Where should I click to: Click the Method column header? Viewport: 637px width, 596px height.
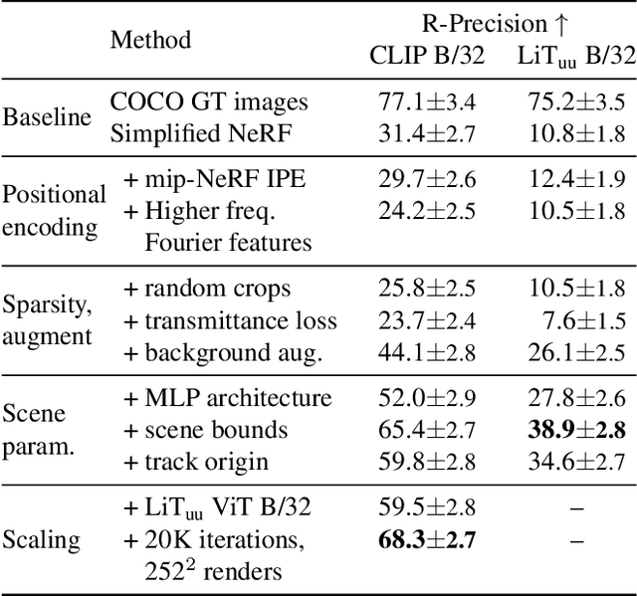click(150, 41)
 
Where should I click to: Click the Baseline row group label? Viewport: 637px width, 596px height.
click(46, 116)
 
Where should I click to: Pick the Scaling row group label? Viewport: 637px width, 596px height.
click(42, 541)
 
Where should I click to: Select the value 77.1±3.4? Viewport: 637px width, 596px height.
click(426, 101)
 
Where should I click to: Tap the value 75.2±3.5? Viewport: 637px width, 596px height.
click(575, 101)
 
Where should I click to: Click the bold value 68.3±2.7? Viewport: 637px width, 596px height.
click(426, 540)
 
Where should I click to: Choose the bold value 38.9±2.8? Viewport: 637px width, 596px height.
click(575, 429)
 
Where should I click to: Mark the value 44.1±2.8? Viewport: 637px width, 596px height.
click(426, 351)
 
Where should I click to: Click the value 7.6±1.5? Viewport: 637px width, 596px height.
click(580, 320)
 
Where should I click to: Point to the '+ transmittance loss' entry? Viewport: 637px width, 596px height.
click(230, 320)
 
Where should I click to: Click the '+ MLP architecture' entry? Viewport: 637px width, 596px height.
click(227, 398)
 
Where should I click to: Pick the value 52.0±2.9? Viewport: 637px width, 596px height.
click(426, 398)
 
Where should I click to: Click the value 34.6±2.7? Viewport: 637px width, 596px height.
click(575, 461)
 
